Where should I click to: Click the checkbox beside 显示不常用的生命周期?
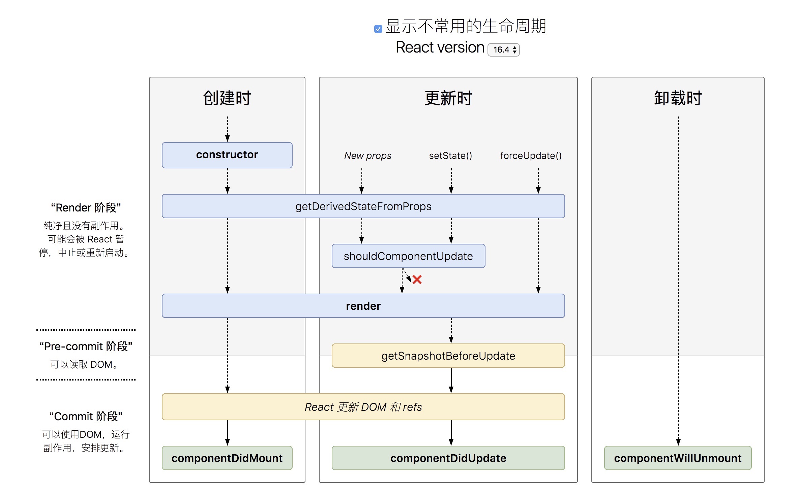pos(378,29)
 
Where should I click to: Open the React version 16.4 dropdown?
pos(504,50)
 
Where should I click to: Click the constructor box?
pos(227,155)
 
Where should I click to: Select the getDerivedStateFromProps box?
pos(363,206)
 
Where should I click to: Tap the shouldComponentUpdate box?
pos(408,256)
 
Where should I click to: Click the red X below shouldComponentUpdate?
pos(417,279)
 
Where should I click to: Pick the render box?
pos(363,306)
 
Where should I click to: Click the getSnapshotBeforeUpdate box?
pos(448,356)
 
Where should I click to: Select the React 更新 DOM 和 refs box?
pos(363,407)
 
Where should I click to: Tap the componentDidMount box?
pos(227,458)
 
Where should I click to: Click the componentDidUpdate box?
pos(448,458)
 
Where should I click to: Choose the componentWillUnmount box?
pos(678,458)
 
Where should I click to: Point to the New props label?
pos(367,156)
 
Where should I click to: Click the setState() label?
pos(450,156)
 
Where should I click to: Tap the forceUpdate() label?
pos(531,156)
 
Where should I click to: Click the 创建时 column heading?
pos(227,98)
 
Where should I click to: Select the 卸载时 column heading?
pos(678,98)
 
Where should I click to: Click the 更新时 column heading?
pos(448,98)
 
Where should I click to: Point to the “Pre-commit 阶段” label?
pos(86,346)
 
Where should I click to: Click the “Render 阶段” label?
pos(86,207)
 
